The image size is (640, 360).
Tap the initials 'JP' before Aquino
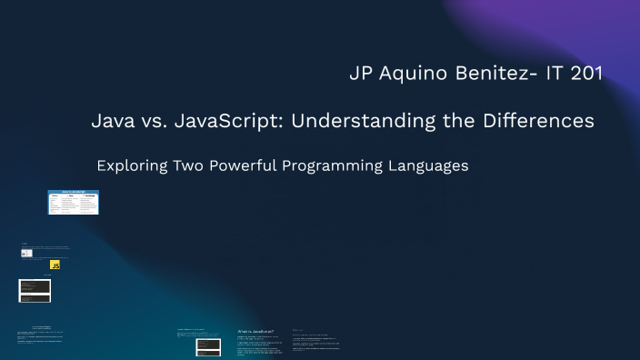[360, 74]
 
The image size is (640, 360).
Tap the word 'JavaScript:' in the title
[229, 121]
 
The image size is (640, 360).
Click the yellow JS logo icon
[55, 265]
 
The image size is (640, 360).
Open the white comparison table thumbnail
[73, 202]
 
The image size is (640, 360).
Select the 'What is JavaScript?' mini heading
[255, 332]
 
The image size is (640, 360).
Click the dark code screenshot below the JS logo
[35, 290]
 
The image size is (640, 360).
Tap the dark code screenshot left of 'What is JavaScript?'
[208, 346]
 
